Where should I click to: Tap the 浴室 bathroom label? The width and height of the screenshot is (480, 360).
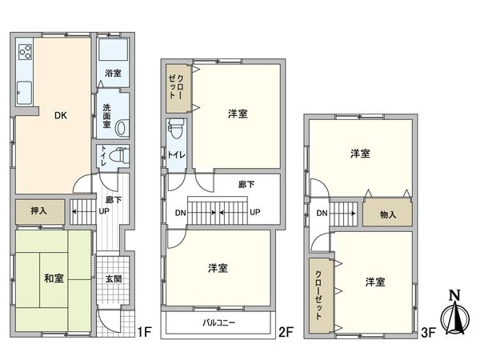click(x=113, y=73)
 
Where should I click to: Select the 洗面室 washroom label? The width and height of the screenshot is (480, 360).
click(x=106, y=120)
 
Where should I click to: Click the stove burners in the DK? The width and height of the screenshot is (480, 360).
click(x=25, y=53)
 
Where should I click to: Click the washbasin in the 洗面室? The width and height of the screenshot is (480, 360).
click(x=122, y=127)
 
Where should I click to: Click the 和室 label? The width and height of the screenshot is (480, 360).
click(x=54, y=278)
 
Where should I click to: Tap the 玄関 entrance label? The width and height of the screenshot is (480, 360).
click(x=113, y=279)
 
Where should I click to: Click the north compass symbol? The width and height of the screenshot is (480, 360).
click(x=454, y=318)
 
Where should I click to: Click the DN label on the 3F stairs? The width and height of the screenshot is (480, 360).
click(x=322, y=213)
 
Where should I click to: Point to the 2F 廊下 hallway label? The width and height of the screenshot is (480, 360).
click(x=246, y=184)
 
